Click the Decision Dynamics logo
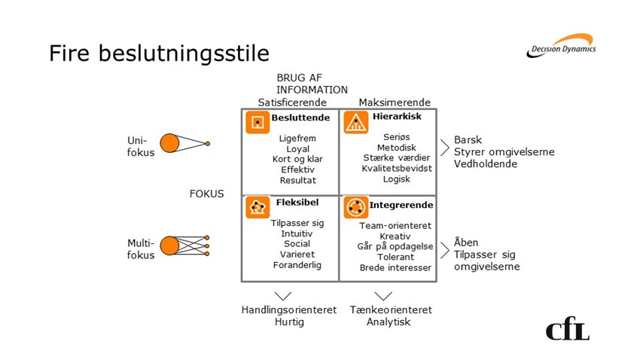(561, 46)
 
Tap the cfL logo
(568, 328)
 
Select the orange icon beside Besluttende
(258, 122)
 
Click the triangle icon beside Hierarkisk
(356, 122)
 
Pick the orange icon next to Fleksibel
(258, 207)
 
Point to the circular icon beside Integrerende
(356, 207)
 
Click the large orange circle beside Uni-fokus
(169, 143)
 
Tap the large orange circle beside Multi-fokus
(169, 246)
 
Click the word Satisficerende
(292, 102)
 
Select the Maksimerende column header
(395, 102)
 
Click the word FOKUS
(206, 194)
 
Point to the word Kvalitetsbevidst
(397, 168)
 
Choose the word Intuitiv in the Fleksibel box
(297, 233)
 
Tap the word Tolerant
(395, 257)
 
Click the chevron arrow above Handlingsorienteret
(283, 296)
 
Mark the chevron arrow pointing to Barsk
(444, 148)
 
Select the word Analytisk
(389, 322)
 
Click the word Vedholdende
(486, 163)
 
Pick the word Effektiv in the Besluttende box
(297, 169)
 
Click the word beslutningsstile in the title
(184, 53)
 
